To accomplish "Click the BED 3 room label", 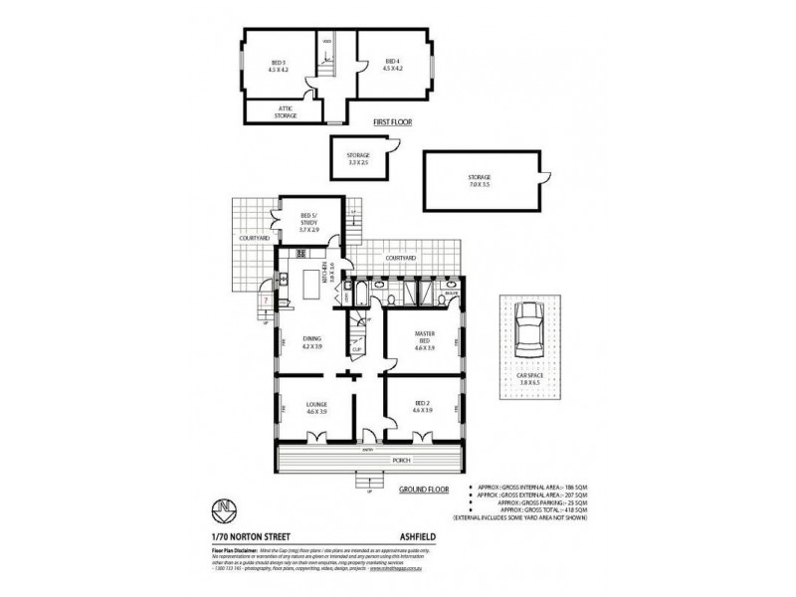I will coord(278,66).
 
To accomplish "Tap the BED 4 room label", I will coord(393,66).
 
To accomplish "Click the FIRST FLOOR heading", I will coord(393,123).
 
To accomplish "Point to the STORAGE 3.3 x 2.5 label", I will coord(358,158).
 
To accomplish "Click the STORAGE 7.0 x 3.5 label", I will coord(481,181).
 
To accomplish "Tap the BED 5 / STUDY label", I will coord(308,225).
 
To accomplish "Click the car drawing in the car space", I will coord(528,331).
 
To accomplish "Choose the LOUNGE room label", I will coord(316,407).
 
